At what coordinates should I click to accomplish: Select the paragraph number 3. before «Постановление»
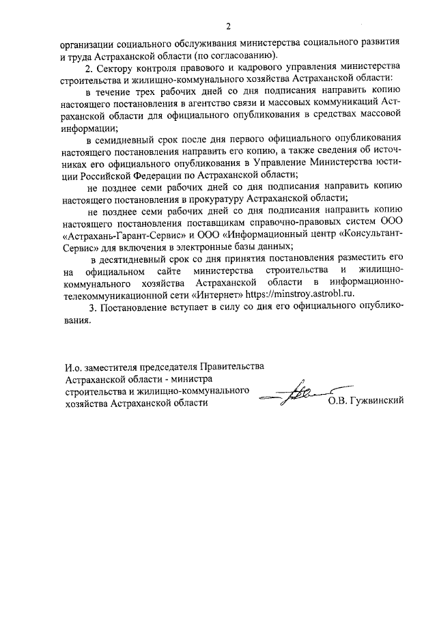coord(94,309)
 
